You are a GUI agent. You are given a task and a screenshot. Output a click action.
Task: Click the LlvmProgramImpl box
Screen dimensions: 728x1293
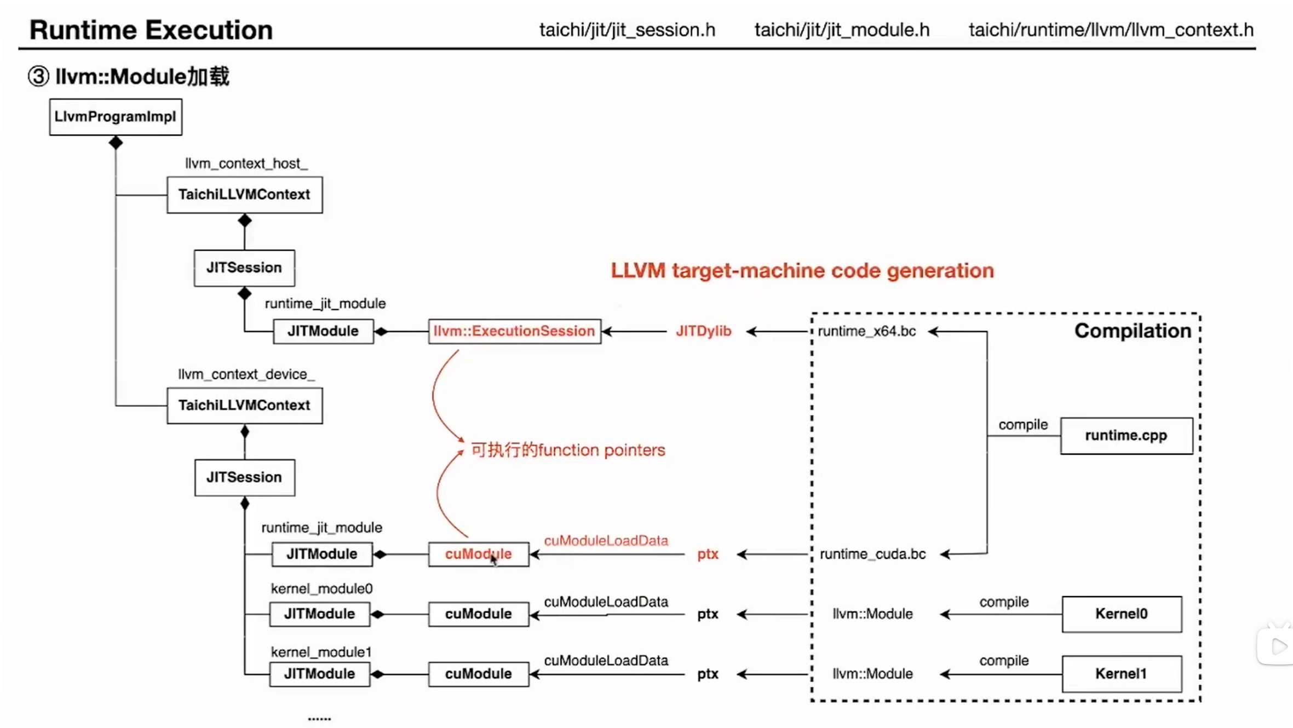point(116,117)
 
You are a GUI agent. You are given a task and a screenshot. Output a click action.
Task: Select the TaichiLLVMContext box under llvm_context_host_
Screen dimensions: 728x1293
point(244,194)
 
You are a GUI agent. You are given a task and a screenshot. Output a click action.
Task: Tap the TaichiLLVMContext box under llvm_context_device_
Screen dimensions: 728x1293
point(244,405)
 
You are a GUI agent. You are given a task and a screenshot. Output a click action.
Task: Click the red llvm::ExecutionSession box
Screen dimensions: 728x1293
point(514,331)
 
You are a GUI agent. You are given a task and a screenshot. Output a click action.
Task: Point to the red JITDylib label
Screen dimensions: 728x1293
point(703,331)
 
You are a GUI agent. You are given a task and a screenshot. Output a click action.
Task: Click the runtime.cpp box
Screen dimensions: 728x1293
point(1126,435)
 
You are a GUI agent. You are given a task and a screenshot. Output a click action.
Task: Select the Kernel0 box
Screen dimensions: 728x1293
point(1121,614)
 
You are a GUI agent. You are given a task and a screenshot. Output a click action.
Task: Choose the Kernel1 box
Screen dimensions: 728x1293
point(1121,673)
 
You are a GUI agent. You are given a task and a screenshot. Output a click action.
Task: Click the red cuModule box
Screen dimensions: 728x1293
point(478,554)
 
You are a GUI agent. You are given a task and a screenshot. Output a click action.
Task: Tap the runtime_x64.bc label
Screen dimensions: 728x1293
point(866,331)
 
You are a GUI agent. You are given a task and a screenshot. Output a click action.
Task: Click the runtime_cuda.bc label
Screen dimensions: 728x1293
point(872,554)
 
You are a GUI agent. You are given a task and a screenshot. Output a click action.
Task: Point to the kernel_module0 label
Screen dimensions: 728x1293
point(321,588)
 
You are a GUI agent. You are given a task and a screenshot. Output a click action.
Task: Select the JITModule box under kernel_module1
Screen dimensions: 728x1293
point(319,673)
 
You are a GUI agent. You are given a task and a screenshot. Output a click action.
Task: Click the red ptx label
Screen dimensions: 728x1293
point(707,554)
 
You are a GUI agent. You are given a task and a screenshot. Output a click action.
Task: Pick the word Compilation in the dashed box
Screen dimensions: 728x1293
point(1132,331)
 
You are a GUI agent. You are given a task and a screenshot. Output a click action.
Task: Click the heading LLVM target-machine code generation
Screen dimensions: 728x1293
point(802,270)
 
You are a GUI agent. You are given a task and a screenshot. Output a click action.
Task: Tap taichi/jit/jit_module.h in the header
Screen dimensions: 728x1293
point(841,30)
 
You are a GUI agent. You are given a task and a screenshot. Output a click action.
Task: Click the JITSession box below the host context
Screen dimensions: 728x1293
point(244,268)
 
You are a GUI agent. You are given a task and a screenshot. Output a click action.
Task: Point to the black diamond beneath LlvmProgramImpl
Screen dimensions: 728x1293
point(116,143)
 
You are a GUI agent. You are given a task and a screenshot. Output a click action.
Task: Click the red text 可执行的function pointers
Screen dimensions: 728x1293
point(568,450)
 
